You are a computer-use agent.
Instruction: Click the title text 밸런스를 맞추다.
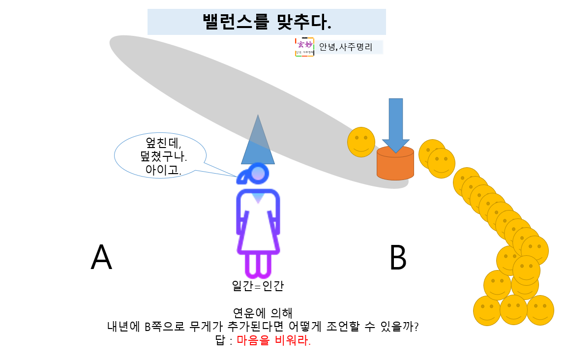267,21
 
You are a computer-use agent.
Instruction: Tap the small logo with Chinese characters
304,47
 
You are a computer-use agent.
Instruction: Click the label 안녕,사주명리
346,47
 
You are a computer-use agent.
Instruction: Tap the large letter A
101,258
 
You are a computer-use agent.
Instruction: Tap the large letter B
398,258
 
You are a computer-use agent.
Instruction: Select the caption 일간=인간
258,286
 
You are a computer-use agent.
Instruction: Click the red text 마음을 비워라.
274,341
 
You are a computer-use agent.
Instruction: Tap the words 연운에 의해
262,313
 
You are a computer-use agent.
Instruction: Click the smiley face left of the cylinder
361,142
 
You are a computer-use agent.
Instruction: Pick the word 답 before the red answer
220,341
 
